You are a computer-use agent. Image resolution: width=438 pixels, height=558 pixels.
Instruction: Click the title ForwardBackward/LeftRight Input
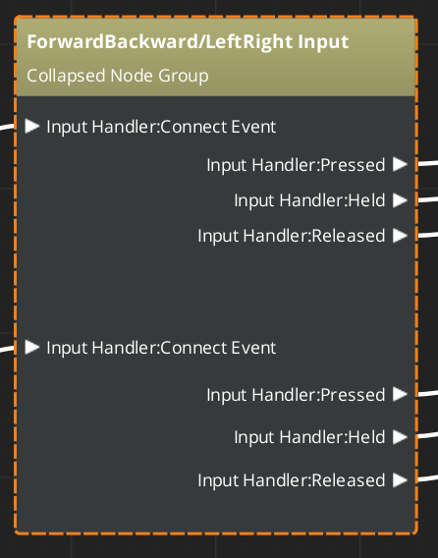(188, 43)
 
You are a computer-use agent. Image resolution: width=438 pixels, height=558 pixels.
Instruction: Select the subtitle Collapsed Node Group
(118, 76)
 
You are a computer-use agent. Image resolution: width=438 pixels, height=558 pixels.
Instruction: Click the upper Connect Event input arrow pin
(32, 126)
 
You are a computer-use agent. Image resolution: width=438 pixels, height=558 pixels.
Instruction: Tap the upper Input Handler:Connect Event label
(161, 127)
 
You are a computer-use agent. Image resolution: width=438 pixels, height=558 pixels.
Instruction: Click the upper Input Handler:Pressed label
(295, 165)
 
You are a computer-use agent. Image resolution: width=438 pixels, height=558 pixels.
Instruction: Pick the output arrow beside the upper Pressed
(399, 164)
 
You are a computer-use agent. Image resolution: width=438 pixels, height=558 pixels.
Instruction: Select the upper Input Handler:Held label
(308, 200)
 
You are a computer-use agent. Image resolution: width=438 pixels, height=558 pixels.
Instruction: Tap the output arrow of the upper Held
(399, 199)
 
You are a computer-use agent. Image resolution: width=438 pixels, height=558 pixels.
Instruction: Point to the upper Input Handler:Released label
(291, 236)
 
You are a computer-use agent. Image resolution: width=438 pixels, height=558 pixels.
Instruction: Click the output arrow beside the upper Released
(399, 235)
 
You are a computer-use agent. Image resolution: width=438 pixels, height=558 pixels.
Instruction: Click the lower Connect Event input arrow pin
(32, 347)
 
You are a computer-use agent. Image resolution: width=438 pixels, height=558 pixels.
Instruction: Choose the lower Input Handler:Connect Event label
(161, 348)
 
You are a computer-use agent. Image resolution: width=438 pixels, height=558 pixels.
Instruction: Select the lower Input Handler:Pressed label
(295, 395)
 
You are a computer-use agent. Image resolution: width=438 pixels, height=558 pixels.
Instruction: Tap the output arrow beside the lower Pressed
(399, 394)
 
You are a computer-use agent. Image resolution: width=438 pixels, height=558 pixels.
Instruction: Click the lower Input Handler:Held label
(308, 437)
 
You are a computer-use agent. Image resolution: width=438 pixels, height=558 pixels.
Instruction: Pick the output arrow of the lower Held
(399, 436)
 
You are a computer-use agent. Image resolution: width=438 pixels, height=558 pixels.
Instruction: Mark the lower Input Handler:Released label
(291, 480)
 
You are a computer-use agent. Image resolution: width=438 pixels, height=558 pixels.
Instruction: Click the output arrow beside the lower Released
(399, 479)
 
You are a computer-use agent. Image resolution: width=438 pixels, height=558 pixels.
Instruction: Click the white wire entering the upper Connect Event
(8, 126)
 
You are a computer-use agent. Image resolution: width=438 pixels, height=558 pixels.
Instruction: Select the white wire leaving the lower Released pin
(426, 479)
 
